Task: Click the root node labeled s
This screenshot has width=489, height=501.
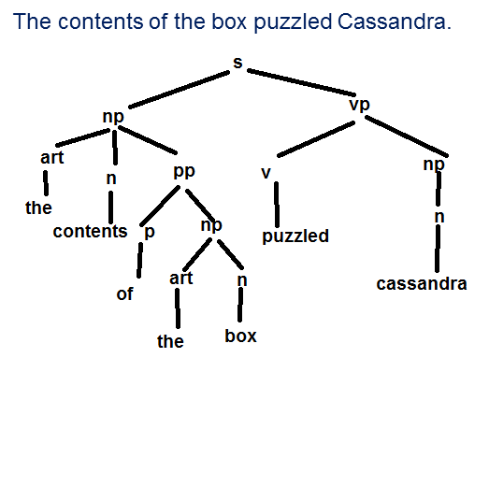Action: coord(237,63)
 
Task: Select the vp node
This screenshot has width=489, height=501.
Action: coord(359,105)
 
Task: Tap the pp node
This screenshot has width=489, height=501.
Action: coord(184,172)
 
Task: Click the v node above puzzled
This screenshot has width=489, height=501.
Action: coord(266,173)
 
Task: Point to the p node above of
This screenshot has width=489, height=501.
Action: coord(150,233)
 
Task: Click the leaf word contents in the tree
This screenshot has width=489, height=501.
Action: coord(90,231)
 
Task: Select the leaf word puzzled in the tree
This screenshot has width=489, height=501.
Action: coord(295,236)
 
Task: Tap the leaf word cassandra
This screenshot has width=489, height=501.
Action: coord(422,284)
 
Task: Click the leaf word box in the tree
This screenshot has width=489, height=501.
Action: coord(240,336)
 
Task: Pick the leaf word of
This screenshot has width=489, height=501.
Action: coord(124,293)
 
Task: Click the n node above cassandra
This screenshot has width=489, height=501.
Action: coord(439,217)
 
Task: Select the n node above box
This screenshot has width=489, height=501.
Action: coord(242,280)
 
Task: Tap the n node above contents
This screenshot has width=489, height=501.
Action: coord(111,179)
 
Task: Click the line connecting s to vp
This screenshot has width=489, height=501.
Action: coord(301,82)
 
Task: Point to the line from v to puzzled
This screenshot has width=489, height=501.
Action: coord(277,205)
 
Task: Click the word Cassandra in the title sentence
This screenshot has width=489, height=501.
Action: coord(394,21)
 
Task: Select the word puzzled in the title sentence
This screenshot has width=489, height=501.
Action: coord(293,22)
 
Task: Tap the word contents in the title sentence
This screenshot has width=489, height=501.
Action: coord(100,21)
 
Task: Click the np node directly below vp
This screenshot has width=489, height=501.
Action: coord(434,165)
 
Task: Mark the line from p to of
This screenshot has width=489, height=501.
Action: coord(139,261)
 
